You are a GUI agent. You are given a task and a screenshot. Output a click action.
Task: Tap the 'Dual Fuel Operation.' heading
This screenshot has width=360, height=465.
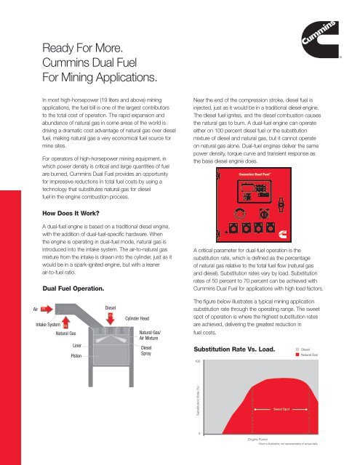(70, 288)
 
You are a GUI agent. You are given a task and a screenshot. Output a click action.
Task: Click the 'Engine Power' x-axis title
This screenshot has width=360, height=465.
(258, 440)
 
